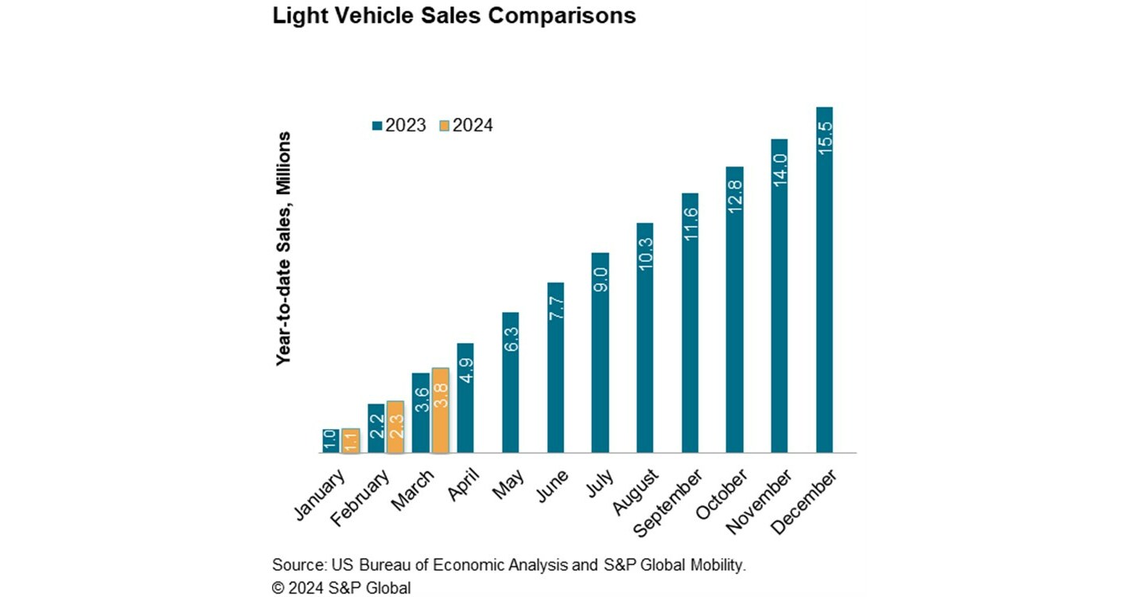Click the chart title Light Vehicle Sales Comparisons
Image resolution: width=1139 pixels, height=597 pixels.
click(454, 16)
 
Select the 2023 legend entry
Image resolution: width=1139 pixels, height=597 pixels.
click(399, 126)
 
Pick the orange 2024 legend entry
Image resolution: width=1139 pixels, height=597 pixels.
click(467, 126)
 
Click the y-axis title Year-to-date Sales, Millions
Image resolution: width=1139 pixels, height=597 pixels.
click(284, 249)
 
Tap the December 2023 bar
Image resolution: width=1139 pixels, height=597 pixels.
click(824, 279)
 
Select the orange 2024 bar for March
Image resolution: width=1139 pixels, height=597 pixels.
click(440, 410)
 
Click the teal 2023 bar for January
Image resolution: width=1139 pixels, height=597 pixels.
click(331, 441)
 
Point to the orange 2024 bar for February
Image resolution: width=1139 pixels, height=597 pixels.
click(395, 427)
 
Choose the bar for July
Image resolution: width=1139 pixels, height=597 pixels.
click(601, 353)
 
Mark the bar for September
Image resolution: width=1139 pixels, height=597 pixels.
click(690, 322)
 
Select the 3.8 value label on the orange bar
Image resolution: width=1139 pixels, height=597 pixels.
click(441, 396)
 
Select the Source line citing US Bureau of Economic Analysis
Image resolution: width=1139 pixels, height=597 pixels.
click(510, 565)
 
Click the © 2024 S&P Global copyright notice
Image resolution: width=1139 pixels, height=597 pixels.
click(341, 588)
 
